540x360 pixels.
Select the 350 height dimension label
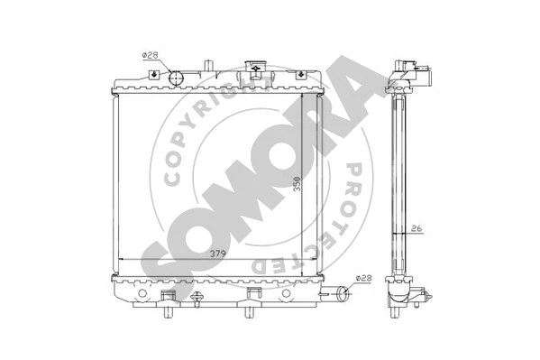[295, 186]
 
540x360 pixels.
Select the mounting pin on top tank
[207, 65]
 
